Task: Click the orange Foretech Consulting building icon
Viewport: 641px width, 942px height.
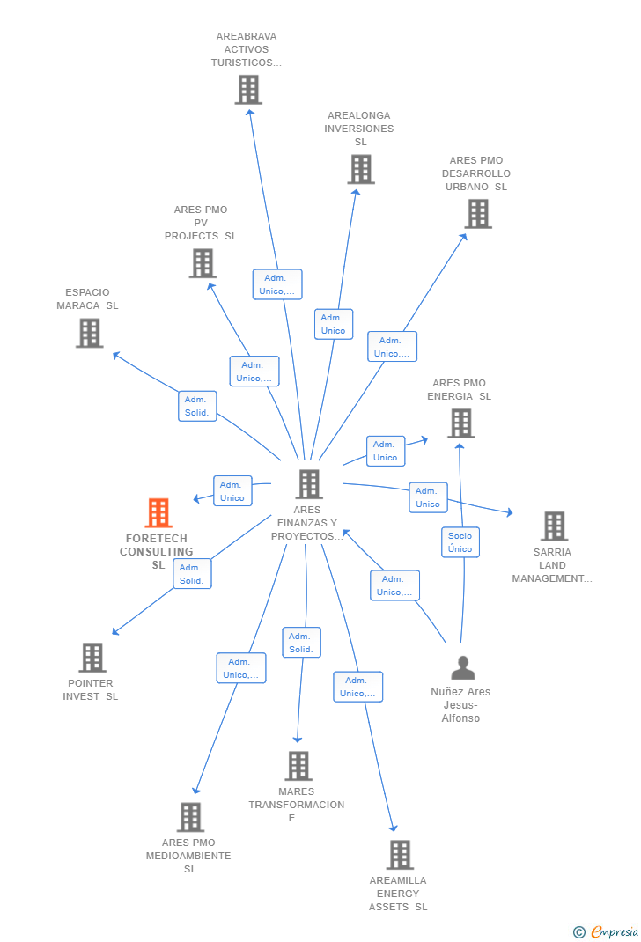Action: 158,512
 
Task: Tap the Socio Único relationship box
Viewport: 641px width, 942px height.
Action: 460,542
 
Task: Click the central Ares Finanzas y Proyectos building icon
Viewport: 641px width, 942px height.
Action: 308,483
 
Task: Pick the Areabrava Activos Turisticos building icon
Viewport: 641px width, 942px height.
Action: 248,89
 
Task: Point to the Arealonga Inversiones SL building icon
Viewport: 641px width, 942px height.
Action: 360,169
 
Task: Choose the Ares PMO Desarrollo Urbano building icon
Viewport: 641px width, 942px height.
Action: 477,213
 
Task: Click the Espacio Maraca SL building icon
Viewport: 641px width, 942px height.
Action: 89,333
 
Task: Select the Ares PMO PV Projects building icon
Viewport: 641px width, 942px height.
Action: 203,262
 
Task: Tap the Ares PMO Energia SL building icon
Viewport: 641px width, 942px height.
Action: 460,423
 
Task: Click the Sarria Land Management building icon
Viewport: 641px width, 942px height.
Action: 554,526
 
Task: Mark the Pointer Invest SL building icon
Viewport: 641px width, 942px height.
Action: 92,657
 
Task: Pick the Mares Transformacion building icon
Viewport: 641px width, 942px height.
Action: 298,765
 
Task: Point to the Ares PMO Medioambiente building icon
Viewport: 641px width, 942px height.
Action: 190,816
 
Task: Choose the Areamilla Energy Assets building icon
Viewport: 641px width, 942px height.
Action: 400,854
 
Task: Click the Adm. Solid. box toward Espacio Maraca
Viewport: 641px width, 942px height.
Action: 196,406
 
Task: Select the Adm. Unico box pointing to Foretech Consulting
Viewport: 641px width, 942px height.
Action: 232,491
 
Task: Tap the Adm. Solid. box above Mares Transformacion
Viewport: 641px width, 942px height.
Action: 301,643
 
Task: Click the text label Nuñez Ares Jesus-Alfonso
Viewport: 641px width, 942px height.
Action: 460,704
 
